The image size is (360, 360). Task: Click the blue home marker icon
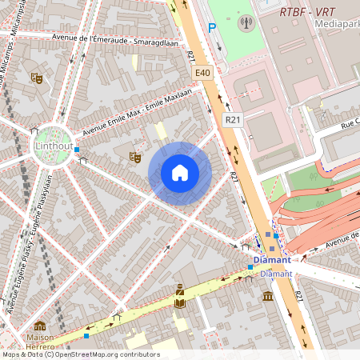pos(180,173)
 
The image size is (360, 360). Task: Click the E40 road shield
pos(202,73)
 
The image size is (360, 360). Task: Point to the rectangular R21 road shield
pos(233,119)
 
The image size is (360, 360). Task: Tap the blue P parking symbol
pos(212,27)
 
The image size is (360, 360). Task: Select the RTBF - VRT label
pos(307,11)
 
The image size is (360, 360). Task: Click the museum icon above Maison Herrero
pos(40,326)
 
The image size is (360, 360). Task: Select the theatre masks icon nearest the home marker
pos(135,158)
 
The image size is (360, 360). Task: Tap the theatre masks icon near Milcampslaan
pos(36,78)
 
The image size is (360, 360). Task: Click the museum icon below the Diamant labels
pos(268,296)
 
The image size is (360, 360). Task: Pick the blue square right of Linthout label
pos(76,150)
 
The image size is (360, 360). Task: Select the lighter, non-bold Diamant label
pos(277,273)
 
